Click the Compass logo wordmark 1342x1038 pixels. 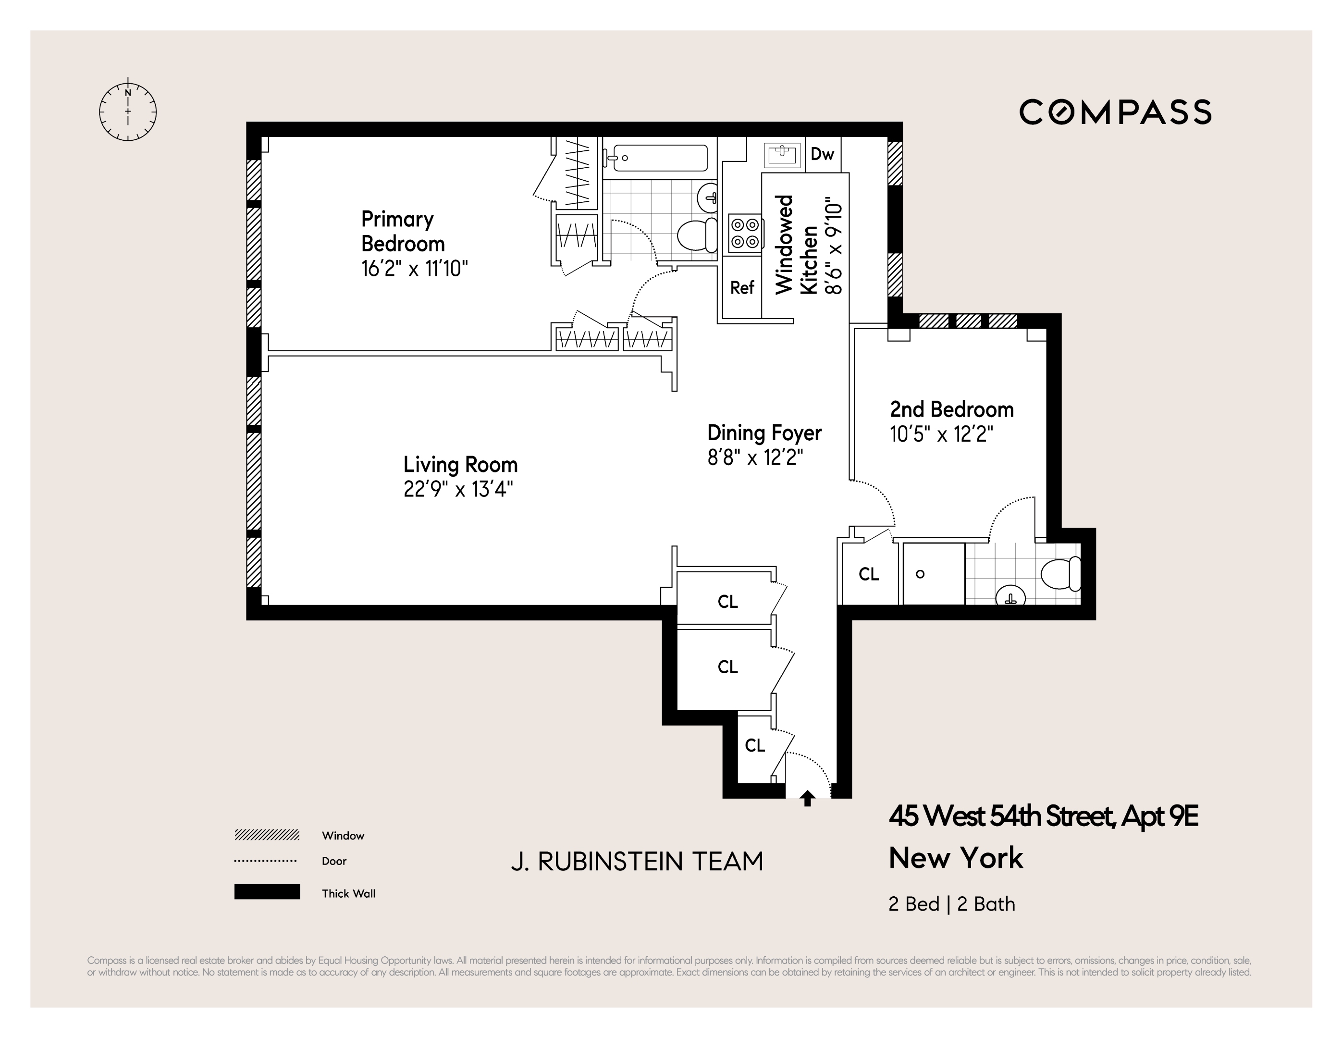click(1115, 112)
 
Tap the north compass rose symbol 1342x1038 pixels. click(128, 112)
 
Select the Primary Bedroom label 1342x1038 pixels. click(403, 231)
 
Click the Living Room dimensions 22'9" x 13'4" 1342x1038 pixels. click(458, 489)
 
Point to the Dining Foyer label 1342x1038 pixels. click(764, 432)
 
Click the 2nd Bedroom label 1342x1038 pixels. click(951, 409)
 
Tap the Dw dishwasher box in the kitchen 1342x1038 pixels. click(822, 154)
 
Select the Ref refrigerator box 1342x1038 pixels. click(742, 288)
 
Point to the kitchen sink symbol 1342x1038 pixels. click(783, 154)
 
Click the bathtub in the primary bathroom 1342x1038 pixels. click(656, 158)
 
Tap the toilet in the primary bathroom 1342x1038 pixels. click(697, 235)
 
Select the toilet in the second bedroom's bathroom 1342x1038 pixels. click(1060, 573)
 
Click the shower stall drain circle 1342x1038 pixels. click(920, 574)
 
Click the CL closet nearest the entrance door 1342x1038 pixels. click(754, 745)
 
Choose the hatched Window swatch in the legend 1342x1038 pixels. click(267, 835)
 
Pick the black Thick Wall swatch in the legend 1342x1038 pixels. click(267, 892)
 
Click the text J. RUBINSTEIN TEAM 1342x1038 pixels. click(637, 862)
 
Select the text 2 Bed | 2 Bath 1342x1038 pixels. click(951, 904)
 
